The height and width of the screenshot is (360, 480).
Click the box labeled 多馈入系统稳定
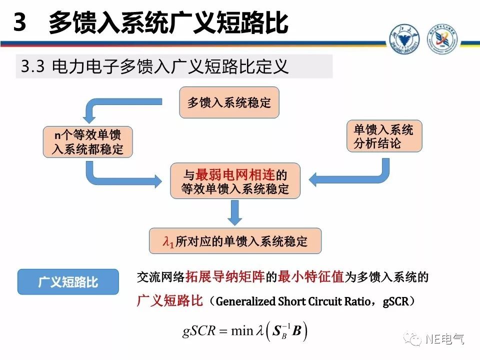(229, 103)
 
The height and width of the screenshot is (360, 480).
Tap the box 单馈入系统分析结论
(384, 136)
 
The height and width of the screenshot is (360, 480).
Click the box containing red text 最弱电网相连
(236, 182)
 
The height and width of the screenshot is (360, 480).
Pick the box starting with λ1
(235, 241)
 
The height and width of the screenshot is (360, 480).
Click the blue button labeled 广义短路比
(68, 282)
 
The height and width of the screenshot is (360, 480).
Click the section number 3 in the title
(19, 23)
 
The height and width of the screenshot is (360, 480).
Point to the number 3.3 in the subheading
(34, 66)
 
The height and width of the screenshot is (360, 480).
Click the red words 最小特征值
(311, 277)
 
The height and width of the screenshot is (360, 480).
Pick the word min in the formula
(242, 331)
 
